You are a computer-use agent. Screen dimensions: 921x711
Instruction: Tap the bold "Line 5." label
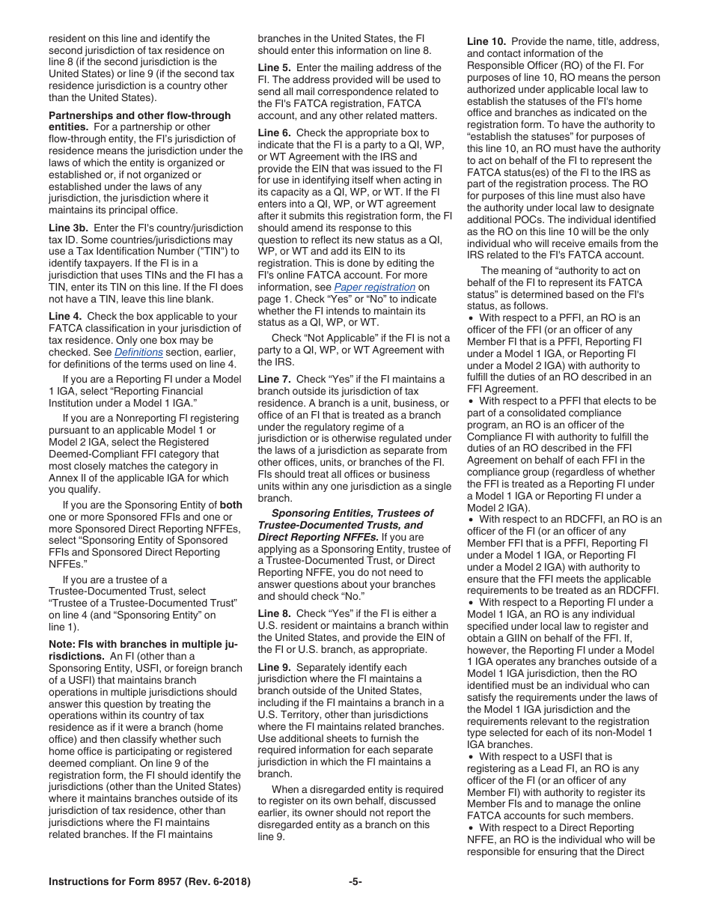tap(275, 67)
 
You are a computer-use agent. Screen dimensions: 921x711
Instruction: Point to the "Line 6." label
tap(275, 133)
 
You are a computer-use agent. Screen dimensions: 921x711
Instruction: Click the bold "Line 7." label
tap(275, 380)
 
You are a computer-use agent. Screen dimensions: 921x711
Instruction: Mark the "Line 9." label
tap(275, 667)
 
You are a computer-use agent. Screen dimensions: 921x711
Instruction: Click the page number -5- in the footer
tap(355, 881)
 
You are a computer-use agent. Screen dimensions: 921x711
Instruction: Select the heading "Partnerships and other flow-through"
tap(140, 115)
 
